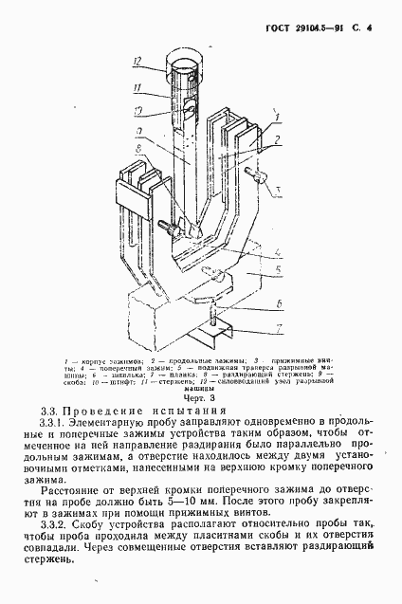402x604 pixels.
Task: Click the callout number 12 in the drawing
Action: tap(137, 63)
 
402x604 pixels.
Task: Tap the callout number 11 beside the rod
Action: tap(137, 91)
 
